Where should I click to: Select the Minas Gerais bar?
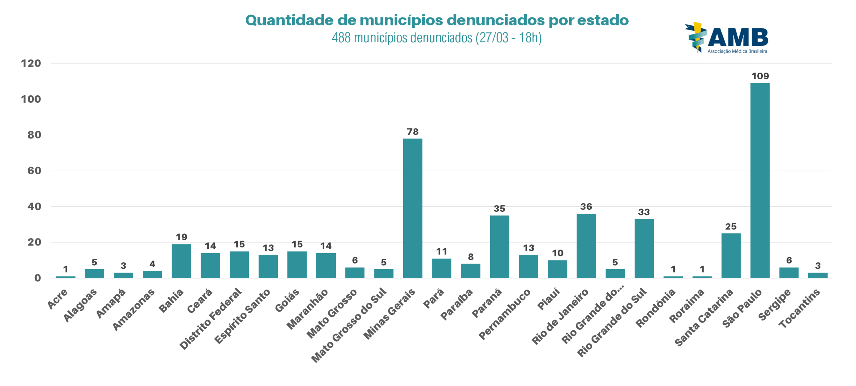click(412, 208)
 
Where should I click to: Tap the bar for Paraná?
click(499, 247)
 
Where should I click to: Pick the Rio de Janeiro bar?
click(586, 246)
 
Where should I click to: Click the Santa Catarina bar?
click(731, 256)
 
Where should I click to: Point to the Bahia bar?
click(181, 261)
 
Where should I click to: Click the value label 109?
click(760, 76)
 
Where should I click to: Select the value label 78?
click(413, 131)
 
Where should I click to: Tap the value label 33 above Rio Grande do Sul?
click(644, 212)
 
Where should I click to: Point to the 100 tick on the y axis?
click(31, 99)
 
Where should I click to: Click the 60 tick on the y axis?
click(34, 171)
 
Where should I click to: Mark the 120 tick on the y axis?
click(31, 63)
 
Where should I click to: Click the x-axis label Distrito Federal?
click(210, 318)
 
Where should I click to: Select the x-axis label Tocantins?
click(799, 308)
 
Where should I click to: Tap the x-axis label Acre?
click(58, 299)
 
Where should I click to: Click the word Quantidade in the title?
click(289, 20)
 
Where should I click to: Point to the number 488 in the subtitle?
click(341, 38)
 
